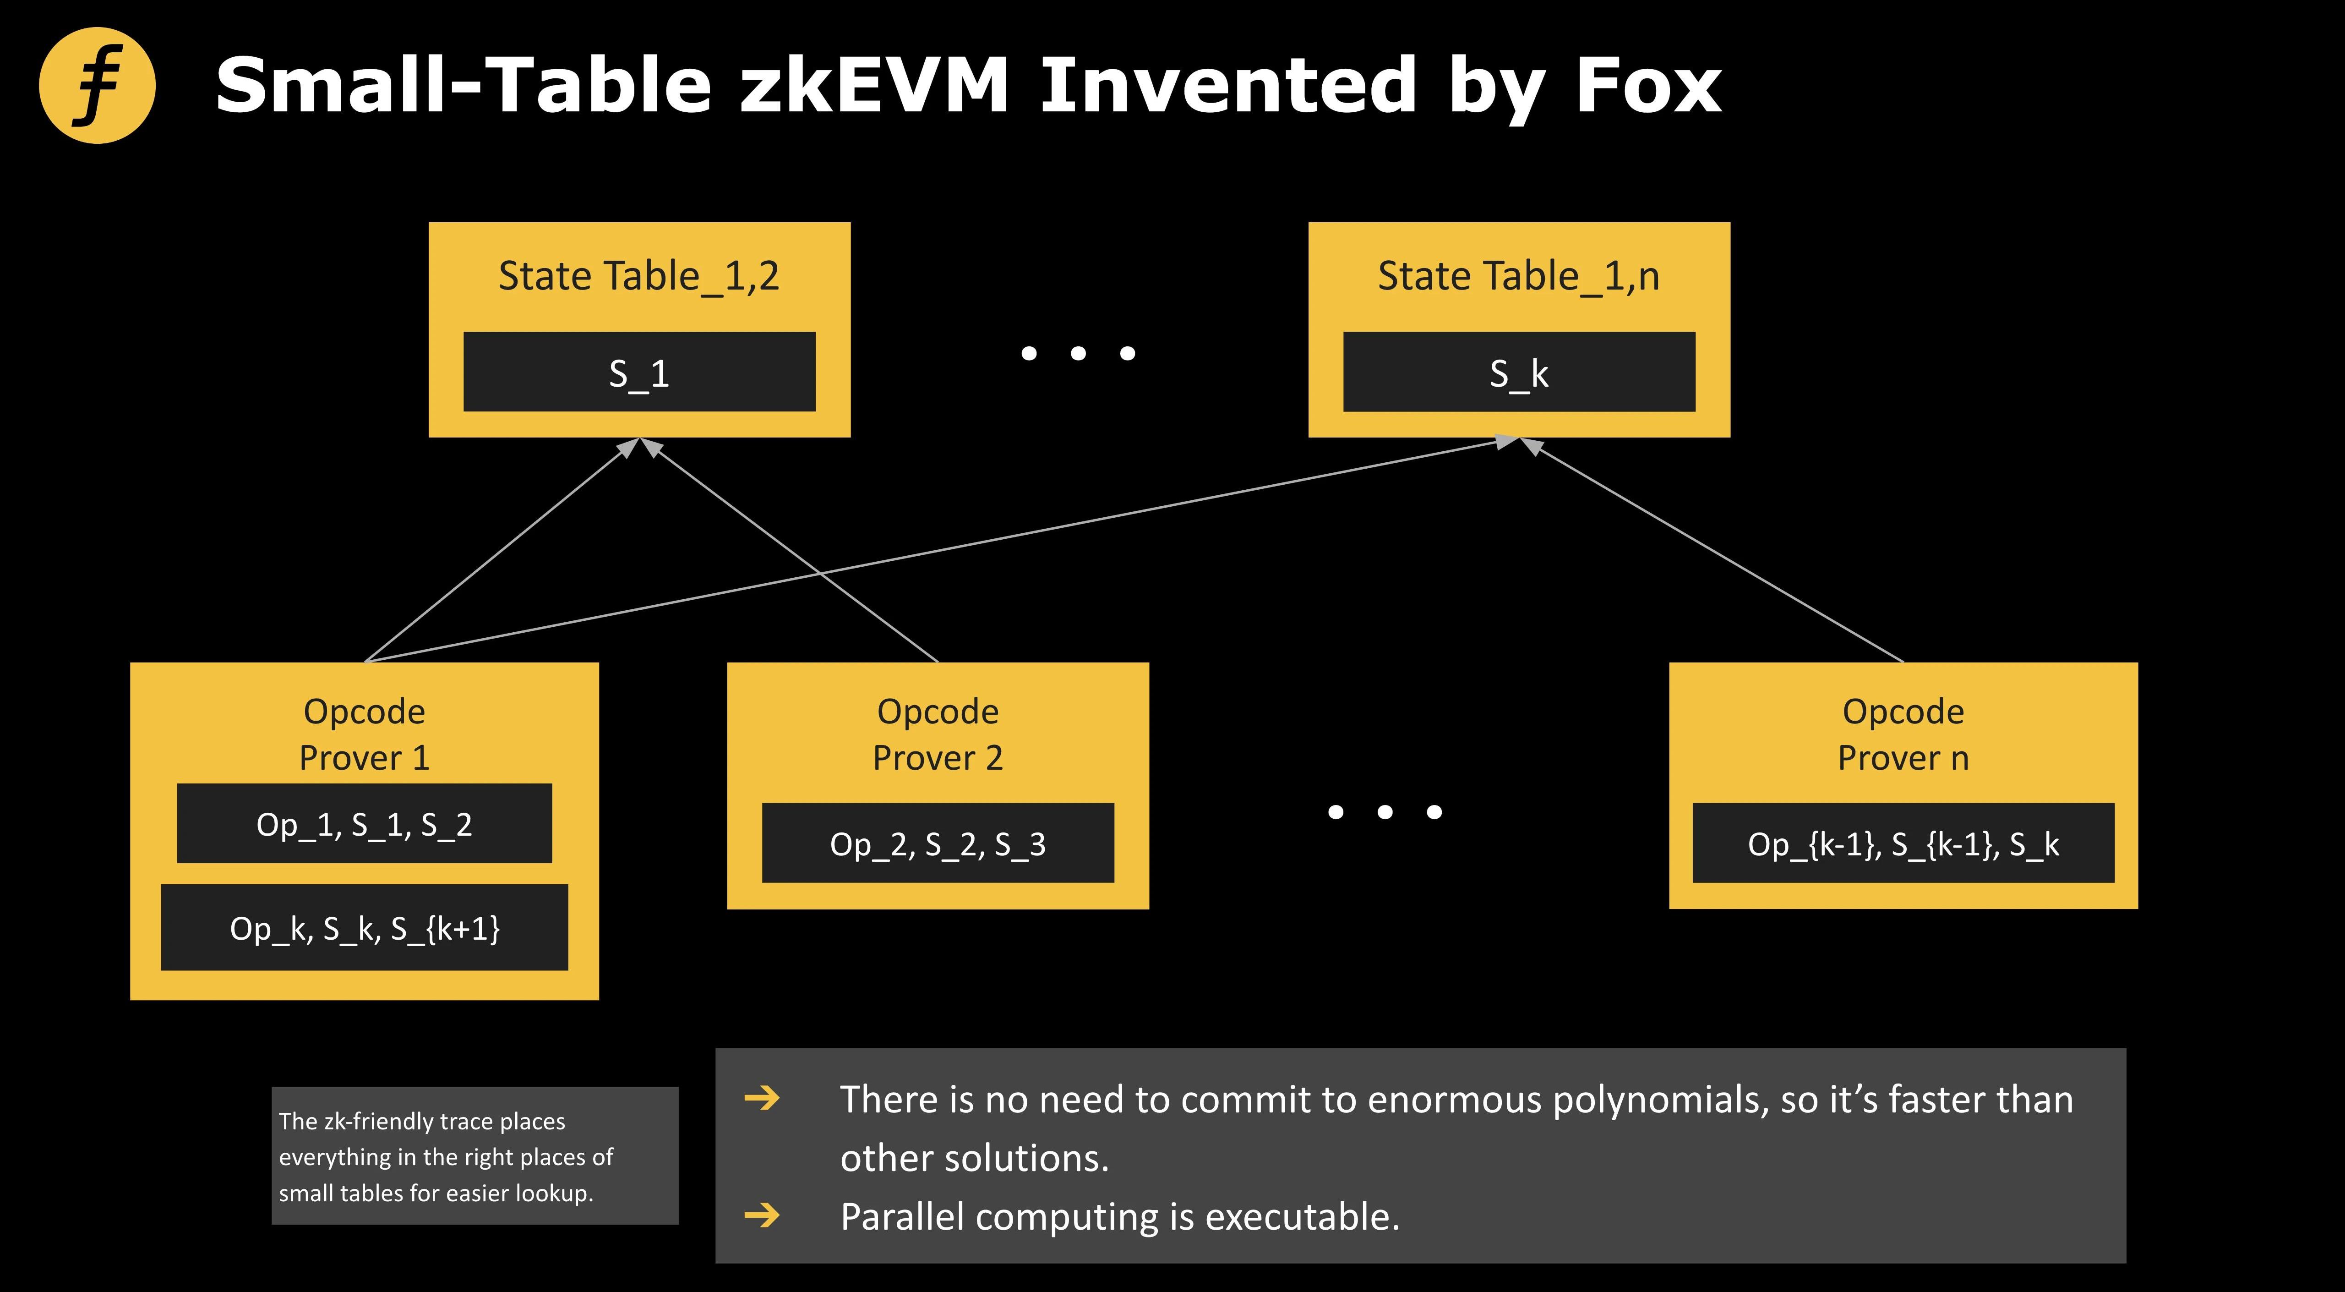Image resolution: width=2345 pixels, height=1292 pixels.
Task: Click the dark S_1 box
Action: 639,372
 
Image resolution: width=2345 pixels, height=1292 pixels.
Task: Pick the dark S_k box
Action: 1518,372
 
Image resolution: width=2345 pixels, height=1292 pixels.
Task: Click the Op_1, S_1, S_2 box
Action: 364,823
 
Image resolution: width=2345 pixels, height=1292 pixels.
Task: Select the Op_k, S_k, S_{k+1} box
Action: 364,927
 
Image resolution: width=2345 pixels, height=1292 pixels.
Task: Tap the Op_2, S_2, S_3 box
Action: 938,843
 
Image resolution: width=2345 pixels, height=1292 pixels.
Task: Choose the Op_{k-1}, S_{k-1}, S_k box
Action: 1903,843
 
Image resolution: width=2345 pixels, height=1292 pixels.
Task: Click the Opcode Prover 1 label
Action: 364,734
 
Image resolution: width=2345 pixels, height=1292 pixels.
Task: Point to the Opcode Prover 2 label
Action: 938,734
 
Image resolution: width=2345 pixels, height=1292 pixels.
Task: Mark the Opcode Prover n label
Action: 1903,734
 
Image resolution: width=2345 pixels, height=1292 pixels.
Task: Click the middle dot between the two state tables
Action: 1078,353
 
